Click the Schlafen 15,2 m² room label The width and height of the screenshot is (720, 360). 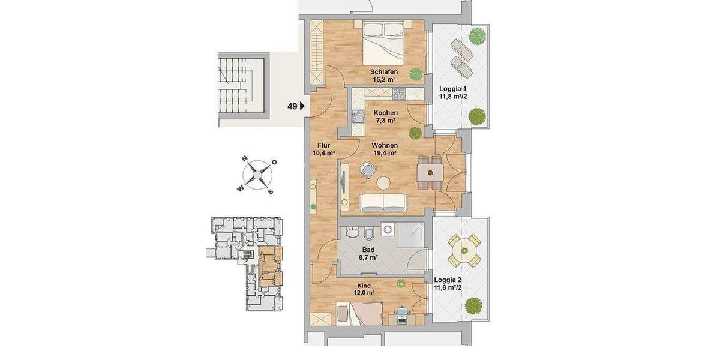385,76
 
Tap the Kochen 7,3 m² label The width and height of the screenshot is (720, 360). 385,117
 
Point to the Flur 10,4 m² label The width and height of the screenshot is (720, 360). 323,148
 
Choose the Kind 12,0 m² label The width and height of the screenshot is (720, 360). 363,289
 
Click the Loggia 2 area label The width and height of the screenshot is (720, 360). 448,283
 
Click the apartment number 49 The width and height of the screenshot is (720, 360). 292,107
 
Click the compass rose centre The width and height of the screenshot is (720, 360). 257,175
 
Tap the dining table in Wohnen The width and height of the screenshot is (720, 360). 430,173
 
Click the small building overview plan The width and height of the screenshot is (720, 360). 246,263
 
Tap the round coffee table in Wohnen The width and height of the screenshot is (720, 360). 383,184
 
